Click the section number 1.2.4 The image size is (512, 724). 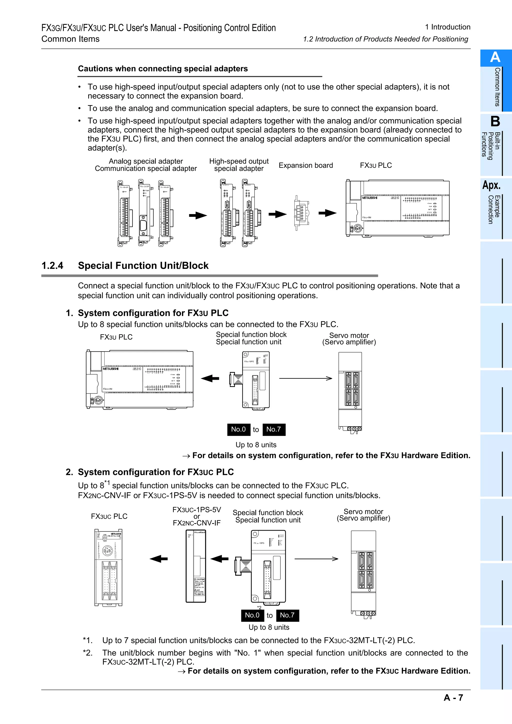click(52, 266)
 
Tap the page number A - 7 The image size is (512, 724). click(453, 698)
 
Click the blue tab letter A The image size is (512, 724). click(495, 57)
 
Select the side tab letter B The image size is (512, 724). click(495, 121)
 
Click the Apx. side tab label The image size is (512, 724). click(491, 185)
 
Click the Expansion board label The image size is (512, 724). click(306, 166)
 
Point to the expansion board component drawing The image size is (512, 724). click(301, 213)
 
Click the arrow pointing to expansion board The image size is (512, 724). click(277, 214)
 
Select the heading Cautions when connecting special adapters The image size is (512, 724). click(163, 69)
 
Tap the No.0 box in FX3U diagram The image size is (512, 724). click(238, 429)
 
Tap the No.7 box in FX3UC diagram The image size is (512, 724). click(287, 615)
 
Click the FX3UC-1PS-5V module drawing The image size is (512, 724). click(196, 566)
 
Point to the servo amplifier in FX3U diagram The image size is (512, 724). click(350, 391)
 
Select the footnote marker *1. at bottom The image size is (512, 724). click(88, 641)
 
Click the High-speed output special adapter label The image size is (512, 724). click(239, 165)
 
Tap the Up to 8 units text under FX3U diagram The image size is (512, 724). click(256, 445)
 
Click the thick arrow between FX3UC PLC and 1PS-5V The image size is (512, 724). click(159, 559)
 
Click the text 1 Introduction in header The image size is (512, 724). click(447, 27)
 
